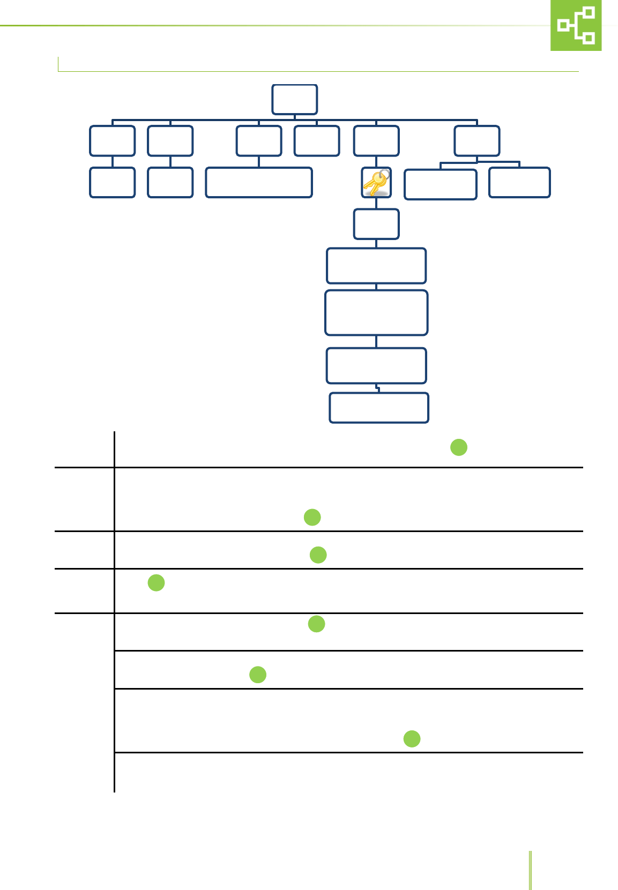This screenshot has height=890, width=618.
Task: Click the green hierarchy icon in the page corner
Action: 576,25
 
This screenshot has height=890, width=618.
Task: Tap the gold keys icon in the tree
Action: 376,183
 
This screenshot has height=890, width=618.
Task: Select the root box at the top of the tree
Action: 294,99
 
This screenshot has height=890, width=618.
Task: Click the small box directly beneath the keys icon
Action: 376,224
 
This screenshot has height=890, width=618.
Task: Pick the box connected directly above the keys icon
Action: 376,140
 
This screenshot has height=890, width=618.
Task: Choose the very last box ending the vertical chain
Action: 379,408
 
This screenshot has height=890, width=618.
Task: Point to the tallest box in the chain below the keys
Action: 376,313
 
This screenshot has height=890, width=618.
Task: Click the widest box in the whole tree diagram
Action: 259,183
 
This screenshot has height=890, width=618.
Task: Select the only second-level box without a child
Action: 317,140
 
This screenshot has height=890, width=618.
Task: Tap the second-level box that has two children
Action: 477,140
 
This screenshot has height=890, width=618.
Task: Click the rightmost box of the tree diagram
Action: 519,183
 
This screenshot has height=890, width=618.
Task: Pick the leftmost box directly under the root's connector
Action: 112,140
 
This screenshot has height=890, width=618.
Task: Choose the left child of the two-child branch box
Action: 441,184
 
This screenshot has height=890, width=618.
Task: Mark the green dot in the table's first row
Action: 459,447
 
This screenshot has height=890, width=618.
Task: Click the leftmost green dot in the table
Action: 156,582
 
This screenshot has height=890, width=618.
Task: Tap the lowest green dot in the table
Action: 412,739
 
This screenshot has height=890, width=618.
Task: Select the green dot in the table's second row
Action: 312,517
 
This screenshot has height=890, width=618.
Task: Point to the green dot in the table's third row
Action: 318,555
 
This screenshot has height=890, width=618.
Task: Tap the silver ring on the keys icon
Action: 383,174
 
